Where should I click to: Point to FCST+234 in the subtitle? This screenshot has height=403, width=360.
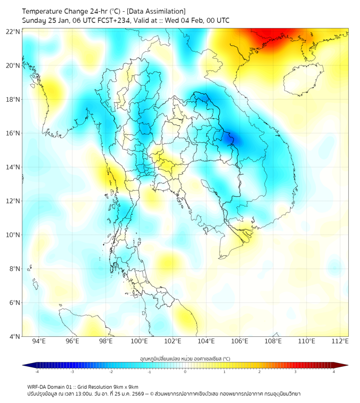click(x=110, y=21)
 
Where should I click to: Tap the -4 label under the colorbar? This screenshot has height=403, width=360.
click(x=36, y=372)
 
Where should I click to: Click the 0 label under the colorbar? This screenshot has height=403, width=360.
click(x=185, y=372)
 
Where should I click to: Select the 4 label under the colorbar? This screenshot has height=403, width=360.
click(x=334, y=372)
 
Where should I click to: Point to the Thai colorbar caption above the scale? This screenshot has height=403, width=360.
click(x=185, y=358)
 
